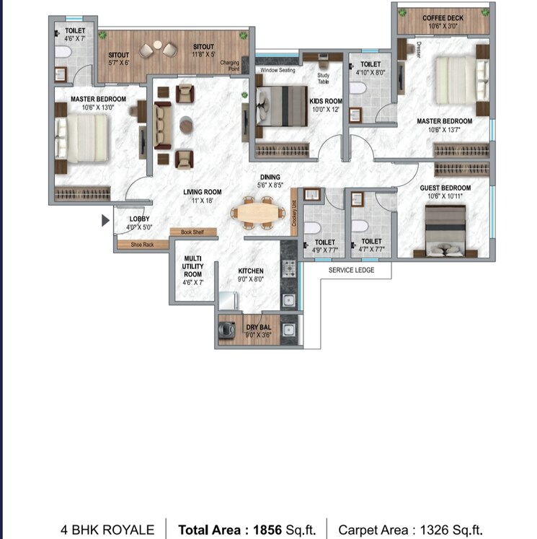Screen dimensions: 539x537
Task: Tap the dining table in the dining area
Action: click(x=253, y=213)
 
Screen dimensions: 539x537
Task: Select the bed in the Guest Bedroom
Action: click(x=444, y=229)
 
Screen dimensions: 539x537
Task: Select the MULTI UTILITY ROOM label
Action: click(x=192, y=270)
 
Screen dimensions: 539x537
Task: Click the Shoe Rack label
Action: click(x=143, y=245)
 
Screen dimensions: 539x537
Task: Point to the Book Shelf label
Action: click(x=192, y=232)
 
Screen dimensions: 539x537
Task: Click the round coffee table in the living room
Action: click(x=186, y=124)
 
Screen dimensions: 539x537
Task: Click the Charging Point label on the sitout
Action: click(x=229, y=65)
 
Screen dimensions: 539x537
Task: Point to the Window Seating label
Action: click(x=278, y=71)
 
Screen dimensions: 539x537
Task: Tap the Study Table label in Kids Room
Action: click(x=323, y=77)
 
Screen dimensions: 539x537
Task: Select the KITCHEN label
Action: click(x=251, y=271)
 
